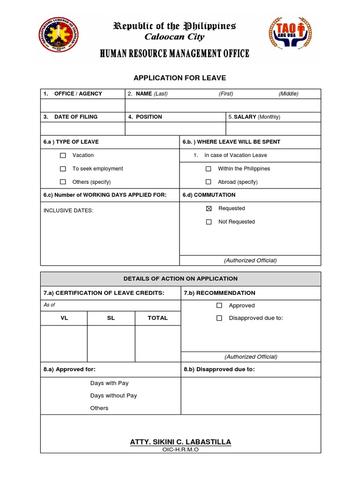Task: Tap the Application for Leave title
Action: click(180, 78)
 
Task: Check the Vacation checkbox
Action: click(63, 155)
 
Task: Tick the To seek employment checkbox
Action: click(63, 169)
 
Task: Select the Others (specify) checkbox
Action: click(63, 182)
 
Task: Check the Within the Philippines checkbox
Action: click(209, 169)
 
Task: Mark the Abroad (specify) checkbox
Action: click(209, 182)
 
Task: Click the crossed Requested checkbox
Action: click(209, 209)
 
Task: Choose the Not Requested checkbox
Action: click(209, 222)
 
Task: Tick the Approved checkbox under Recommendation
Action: click(219, 306)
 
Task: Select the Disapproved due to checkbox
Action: click(219, 318)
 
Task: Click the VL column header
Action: click(64, 318)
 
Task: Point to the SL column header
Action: click(111, 318)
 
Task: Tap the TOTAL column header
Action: click(157, 318)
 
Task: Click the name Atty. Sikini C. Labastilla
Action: click(180, 442)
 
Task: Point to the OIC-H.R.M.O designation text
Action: click(180, 450)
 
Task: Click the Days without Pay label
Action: click(113, 396)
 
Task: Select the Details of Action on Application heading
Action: click(180, 278)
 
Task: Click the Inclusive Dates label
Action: click(68, 210)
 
